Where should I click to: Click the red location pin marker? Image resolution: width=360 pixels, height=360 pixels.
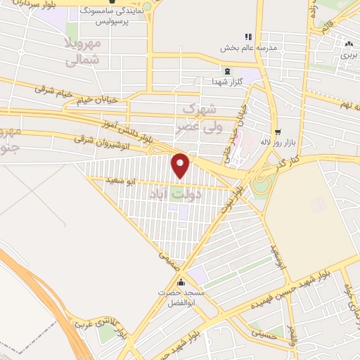(181, 165)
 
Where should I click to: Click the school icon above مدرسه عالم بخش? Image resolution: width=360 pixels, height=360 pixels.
(247, 36)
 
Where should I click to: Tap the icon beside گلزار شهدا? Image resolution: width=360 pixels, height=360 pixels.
(226, 71)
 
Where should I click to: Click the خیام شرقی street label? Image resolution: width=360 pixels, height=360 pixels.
(50, 91)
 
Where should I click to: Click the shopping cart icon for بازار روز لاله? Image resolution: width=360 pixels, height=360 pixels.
(278, 131)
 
